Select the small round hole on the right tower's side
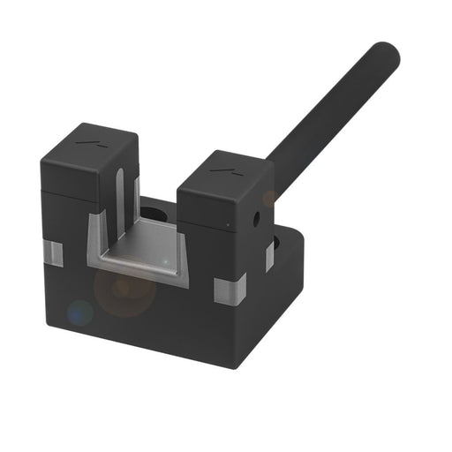click(x=257, y=215)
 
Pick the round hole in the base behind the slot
click(x=155, y=213)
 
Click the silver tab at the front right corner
click(x=230, y=288)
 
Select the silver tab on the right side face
click(x=269, y=256)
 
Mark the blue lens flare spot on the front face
click(x=79, y=311)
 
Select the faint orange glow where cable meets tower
click(x=269, y=197)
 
